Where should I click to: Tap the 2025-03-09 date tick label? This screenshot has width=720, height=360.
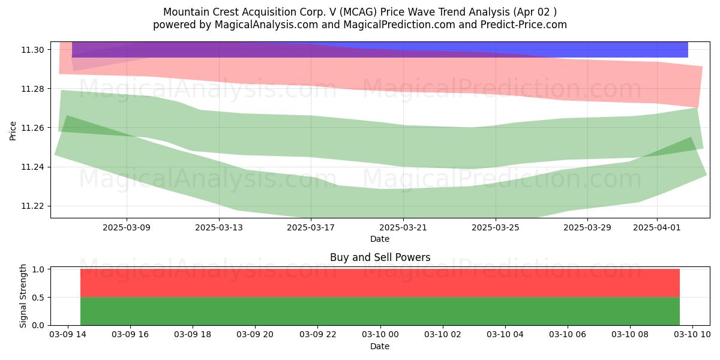coord(127,227)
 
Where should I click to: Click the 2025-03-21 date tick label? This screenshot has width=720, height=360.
coord(403,227)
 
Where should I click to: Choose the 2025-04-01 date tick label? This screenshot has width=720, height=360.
coord(657,227)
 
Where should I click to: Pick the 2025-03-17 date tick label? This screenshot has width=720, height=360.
coord(311,227)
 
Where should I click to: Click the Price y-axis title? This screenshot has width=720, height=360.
coord(13,131)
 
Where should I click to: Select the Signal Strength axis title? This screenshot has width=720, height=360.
coord(23,296)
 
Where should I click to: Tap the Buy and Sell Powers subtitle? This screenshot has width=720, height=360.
coord(380,257)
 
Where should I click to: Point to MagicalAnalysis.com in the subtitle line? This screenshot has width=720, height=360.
coord(266,25)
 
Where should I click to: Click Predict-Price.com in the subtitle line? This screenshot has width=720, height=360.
coord(524,25)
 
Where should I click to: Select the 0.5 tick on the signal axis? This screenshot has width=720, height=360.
coord(38,298)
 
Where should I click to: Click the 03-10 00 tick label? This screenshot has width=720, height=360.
coord(380,335)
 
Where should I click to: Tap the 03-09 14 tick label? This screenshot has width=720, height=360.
coord(68,335)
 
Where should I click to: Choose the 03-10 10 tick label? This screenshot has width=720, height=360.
coord(692,335)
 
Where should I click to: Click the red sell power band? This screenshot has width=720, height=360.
coord(380,283)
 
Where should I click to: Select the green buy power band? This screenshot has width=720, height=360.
coord(380,311)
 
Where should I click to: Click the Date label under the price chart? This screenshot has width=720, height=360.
coord(380,239)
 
